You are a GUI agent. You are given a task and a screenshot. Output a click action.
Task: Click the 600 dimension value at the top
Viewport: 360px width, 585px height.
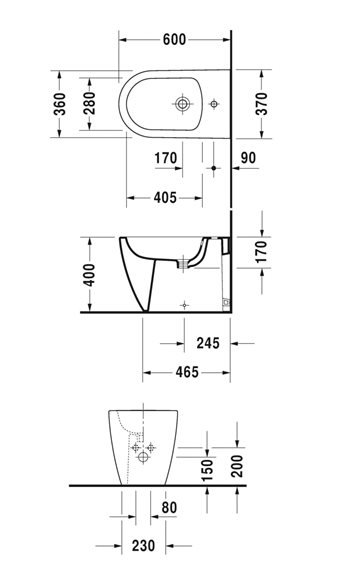click(174, 39)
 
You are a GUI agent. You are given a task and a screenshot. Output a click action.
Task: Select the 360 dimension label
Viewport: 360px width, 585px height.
click(60, 104)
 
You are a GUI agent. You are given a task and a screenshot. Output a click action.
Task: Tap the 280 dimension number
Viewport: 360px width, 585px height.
click(90, 103)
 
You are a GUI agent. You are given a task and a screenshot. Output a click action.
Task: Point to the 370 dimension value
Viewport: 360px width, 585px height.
click(262, 104)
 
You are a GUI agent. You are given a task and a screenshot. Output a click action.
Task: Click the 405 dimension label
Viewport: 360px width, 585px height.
click(165, 197)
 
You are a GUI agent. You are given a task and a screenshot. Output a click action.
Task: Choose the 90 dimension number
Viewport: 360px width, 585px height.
click(248, 158)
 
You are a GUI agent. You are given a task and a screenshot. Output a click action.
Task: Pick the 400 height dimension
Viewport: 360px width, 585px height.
click(89, 275)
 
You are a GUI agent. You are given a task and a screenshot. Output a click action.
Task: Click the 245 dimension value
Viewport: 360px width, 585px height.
click(208, 343)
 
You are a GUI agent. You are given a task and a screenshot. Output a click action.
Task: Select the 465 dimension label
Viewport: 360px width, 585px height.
click(187, 372)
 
